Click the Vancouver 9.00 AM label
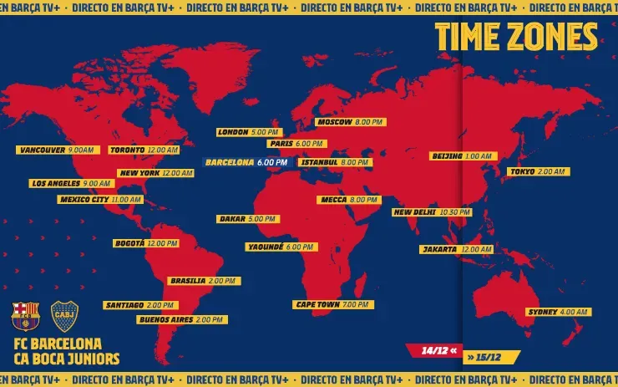(x=55, y=150)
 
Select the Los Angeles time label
(x=70, y=183)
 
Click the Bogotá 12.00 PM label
(x=145, y=243)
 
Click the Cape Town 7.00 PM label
(x=333, y=305)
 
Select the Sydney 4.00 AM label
(x=558, y=312)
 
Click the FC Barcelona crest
(x=25, y=316)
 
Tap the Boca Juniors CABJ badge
(x=65, y=316)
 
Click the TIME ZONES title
(x=516, y=37)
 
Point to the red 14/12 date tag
(x=432, y=350)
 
